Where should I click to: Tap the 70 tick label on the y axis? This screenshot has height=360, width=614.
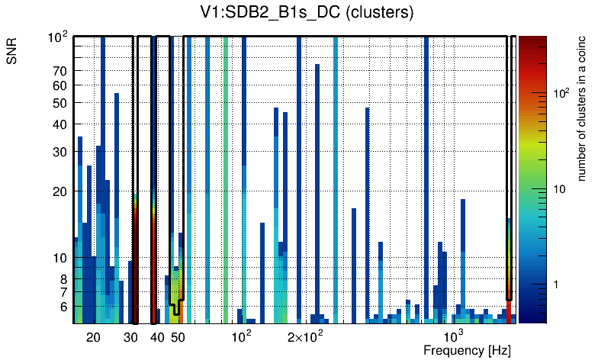(59, 71)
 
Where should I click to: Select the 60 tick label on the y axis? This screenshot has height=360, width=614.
(59, 85)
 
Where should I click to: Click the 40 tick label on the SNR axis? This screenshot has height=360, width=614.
(59, 124)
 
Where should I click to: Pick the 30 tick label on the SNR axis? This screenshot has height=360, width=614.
(59, 152)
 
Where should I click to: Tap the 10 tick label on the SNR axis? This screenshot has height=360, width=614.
(59, 258)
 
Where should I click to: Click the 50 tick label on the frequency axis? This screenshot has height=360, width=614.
(177, 337)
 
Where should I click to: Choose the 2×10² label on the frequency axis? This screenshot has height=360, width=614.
(306, 336)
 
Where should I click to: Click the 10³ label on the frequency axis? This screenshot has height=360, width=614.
(453, 336)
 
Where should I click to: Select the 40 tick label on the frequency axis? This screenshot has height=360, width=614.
(156, 337)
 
